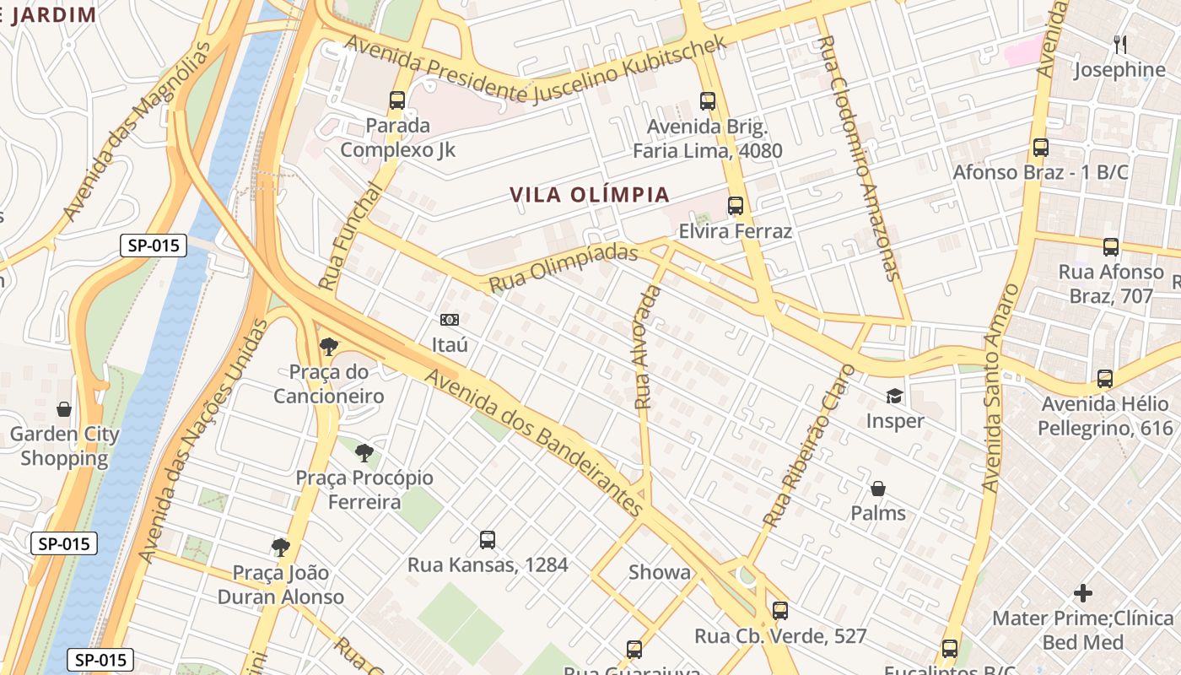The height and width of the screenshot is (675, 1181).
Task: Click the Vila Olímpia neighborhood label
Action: (590, 195)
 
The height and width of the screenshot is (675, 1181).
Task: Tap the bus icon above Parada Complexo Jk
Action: (397, 100)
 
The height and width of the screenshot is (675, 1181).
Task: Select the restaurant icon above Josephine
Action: (1119, 44)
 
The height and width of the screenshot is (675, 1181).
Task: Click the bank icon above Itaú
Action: (450, 320)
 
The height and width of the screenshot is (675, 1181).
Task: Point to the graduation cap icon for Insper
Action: (894, 396)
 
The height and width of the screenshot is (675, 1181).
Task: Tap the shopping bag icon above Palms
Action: (878, 489)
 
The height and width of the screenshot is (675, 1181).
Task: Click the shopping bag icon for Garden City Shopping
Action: (64, 410)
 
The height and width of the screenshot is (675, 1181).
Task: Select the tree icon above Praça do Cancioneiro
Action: (329, 346)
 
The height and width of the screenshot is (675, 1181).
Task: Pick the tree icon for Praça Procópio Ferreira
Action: (364, 453)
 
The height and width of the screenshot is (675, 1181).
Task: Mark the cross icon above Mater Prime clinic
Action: (1083, 592)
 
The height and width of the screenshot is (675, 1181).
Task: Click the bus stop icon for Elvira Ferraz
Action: (736, 206)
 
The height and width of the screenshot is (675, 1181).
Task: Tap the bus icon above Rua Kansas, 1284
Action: (488, 540)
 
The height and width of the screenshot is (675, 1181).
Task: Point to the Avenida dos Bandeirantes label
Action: (535, 441)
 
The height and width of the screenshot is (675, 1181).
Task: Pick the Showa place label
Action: (660, 572)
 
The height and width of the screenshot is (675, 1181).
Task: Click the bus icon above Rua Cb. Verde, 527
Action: (780, 610)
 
